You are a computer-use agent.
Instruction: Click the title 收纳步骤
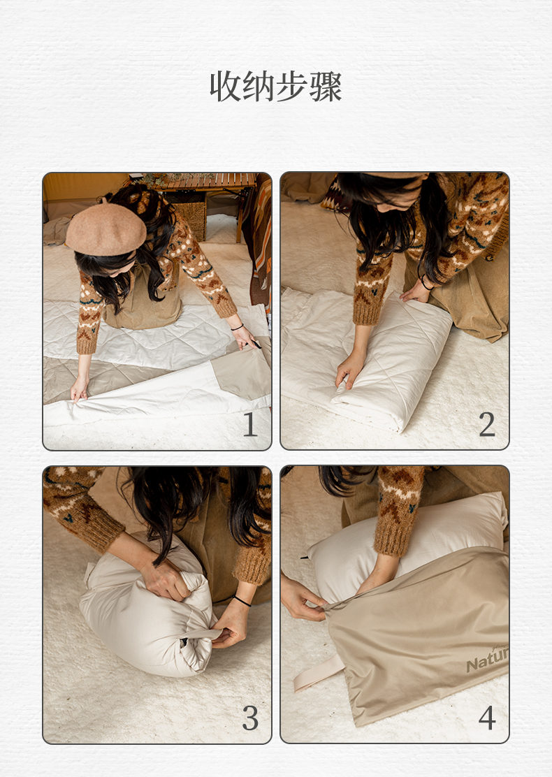275,86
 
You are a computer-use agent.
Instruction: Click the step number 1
250,425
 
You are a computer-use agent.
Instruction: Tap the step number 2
487,425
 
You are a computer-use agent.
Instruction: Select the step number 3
250,718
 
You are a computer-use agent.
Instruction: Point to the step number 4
487,718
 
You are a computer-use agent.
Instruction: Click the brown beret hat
106,229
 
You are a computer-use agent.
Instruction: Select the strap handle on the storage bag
318,673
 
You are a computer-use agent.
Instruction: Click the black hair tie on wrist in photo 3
242,601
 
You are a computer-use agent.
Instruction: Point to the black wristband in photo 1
237,327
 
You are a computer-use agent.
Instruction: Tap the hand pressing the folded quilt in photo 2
350,370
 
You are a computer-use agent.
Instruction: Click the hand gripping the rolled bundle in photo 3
166,580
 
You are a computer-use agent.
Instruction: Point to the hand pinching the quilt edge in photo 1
79,389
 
